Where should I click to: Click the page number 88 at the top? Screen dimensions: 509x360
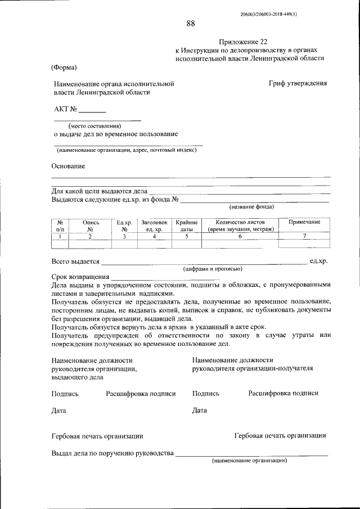(x=191, y=23)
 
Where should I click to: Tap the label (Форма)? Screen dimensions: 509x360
(x=65, y=67)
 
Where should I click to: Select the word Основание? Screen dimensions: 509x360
(x=68, y=166)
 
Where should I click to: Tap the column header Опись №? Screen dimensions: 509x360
(x=90, y=226)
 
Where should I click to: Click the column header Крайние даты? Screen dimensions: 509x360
(x=186, y=226)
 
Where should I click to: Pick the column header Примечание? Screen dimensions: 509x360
(x=304, y=222)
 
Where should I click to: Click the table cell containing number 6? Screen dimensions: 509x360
(x=240, y=237)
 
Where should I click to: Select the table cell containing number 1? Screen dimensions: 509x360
(x=59, y=237)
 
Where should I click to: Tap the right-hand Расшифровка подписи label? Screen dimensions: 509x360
(x=283, y=394)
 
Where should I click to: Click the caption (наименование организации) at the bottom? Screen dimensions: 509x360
(x=249, y=460)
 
